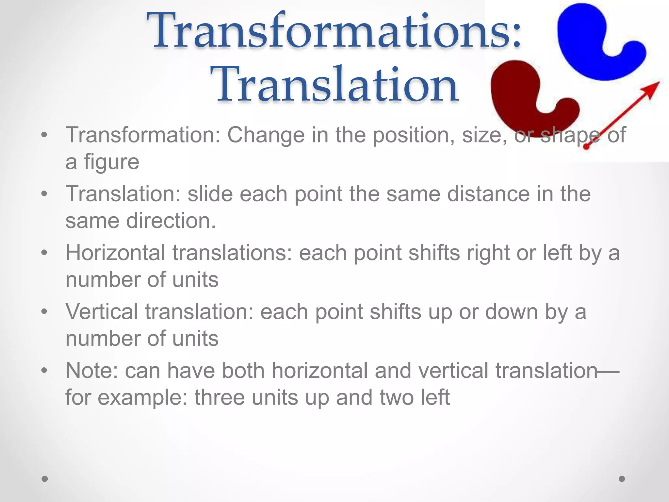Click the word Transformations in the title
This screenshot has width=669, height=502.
click(333, 31)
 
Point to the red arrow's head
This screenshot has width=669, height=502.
click(652, 88)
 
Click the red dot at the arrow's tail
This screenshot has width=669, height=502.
click(586, 147)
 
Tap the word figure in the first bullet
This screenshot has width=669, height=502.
click(111, 162)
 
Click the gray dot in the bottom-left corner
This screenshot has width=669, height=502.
click(45, 479)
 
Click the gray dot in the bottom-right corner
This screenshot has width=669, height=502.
click(622, 479)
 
